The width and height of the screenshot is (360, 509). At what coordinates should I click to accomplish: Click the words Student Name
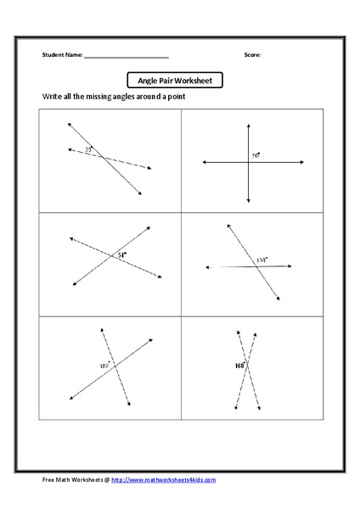point(62,55)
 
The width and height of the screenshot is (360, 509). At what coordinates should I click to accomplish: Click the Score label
point(253,55)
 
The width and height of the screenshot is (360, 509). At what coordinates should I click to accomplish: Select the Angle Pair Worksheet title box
point(175,81)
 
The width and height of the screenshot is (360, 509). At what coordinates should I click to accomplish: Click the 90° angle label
point(255,155)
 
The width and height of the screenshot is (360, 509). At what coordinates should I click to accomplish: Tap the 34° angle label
point(122,255)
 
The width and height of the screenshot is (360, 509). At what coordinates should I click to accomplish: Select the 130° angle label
point(262,260)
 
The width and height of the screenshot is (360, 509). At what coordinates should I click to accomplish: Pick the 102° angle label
point(104,366)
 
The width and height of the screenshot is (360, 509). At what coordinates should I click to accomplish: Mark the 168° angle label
point(239,366)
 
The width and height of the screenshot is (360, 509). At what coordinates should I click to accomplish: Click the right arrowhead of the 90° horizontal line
point(294,162)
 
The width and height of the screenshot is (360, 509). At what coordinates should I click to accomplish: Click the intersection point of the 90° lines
point(248,162)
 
